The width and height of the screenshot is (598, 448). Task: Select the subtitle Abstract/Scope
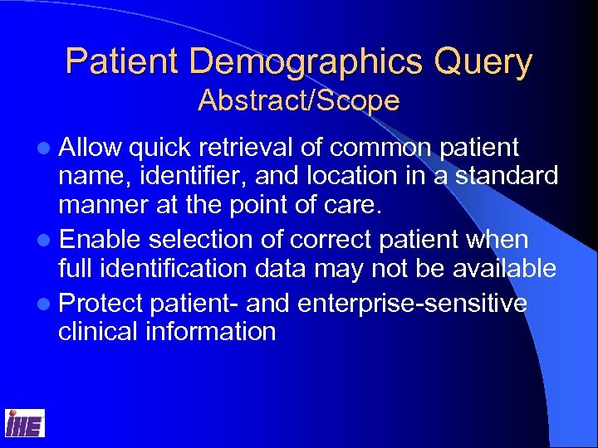pyautogui.click(x=299, y=101)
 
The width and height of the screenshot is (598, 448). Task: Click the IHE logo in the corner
pyautogui.click(x=25, y=424)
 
